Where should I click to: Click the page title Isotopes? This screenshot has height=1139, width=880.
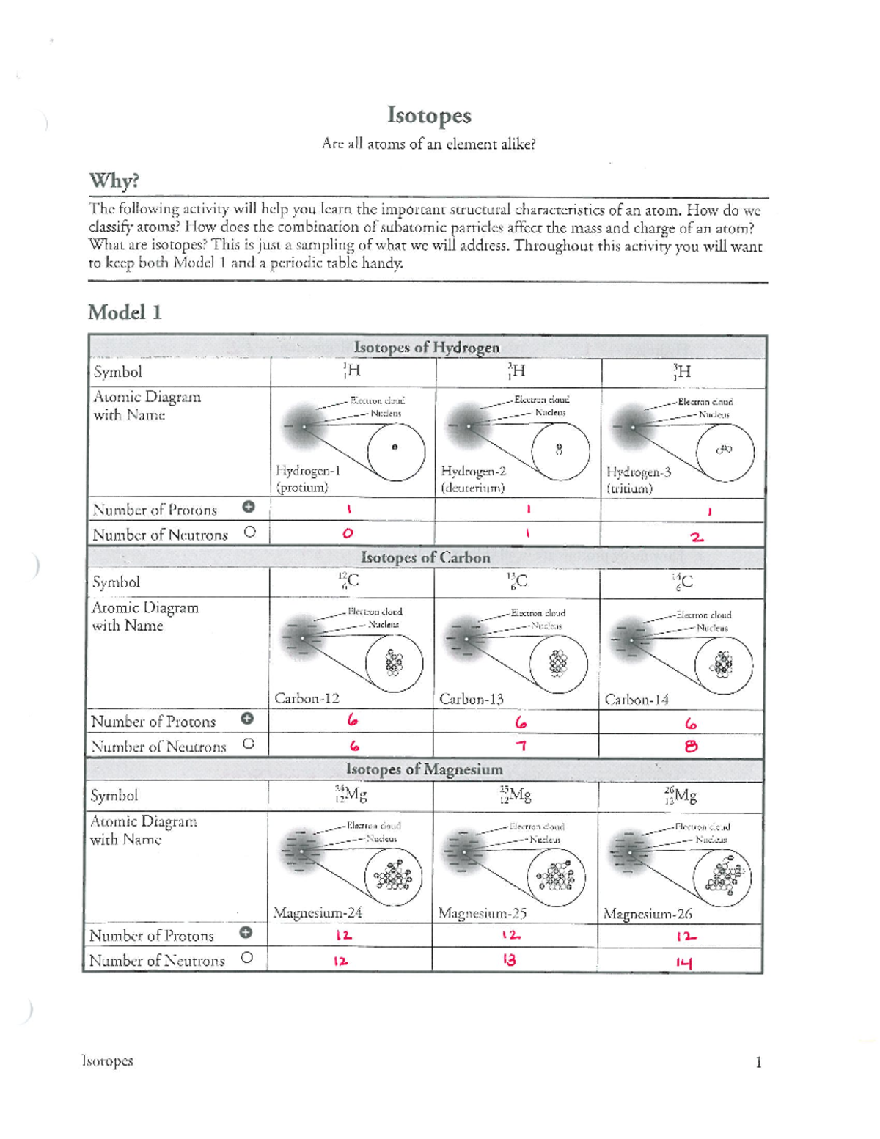(x=429, y=116)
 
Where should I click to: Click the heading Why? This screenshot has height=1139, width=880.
(x=114, y=180)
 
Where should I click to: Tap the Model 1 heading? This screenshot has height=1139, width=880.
(x=125, y=312)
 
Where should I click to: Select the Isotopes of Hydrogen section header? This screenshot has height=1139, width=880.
(x=426, y=347)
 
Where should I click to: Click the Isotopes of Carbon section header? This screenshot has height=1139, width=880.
(x=425, y=557)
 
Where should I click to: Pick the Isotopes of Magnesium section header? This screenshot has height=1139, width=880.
(x=424, y=769)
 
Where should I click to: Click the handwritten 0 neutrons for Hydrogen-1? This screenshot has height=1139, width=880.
(x=348, y=533)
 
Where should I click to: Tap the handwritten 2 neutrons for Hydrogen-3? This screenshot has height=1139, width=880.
(x=697, y=537)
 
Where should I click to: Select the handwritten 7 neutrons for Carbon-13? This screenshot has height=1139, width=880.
(x=521, y=746)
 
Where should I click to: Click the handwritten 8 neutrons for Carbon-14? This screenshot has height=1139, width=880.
(x=691, y=747)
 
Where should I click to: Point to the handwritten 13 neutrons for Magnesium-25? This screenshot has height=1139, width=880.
(x=509, y=959)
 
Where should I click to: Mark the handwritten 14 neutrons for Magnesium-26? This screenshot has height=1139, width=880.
(x=684, y=963)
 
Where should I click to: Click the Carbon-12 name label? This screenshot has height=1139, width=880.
(x=307, y=698)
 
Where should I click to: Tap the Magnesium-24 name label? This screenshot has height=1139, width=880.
(x=318, y=913)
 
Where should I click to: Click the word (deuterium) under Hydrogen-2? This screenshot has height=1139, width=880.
(x=472, y=488)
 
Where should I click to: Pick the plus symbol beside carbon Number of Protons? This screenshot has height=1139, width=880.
(x=247, y=719)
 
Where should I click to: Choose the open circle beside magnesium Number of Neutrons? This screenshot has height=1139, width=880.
(x=247, y=957)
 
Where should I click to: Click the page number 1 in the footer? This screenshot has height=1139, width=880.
(x=758, y=1062)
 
